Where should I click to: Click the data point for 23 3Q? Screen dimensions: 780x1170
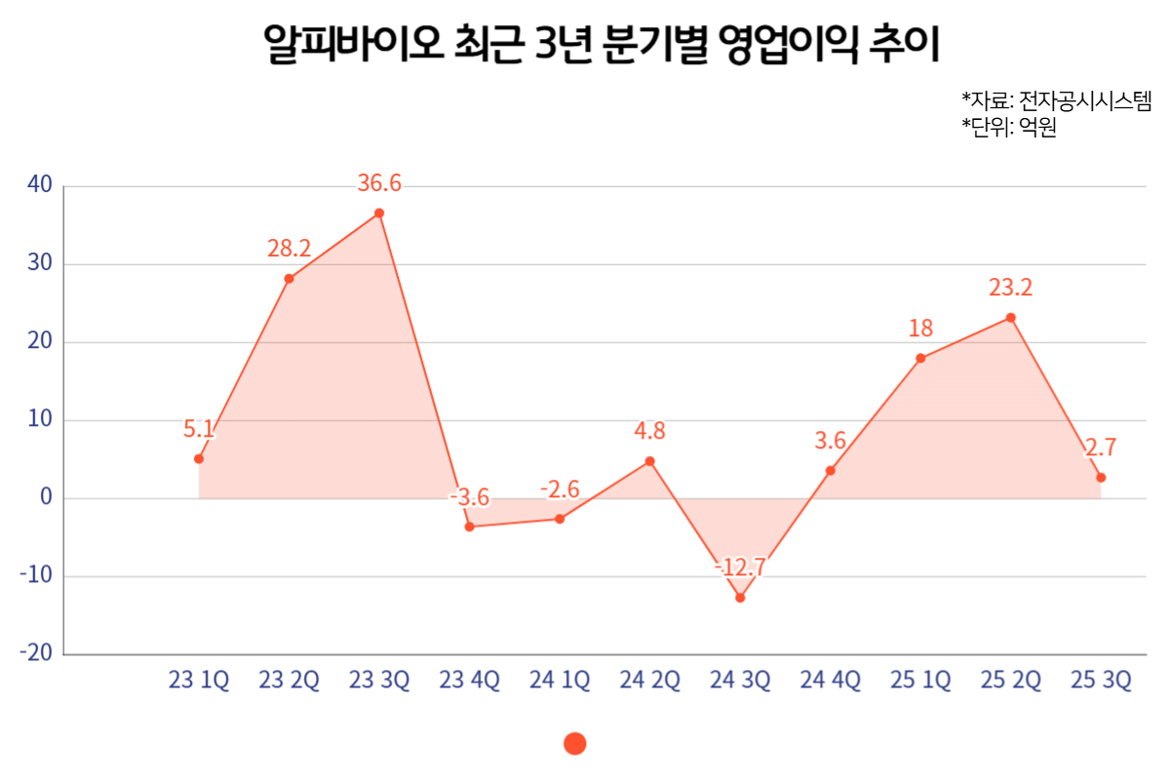379,213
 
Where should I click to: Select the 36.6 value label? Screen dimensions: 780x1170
379,183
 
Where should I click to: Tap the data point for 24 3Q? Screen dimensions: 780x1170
740,598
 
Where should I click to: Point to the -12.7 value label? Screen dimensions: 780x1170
740,567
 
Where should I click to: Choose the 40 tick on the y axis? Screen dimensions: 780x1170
39,185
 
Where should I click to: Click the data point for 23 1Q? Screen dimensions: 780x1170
199,458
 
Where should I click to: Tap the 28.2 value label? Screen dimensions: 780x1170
289,249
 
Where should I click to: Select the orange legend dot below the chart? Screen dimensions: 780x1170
575,744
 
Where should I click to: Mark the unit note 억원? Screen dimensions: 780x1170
1038,127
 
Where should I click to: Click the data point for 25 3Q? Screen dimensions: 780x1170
1101,478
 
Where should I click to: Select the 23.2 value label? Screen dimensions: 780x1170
1010,288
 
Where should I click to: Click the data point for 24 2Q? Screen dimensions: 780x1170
650,461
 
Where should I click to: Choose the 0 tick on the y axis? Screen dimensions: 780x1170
45,498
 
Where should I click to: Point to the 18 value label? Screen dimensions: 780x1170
920,329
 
